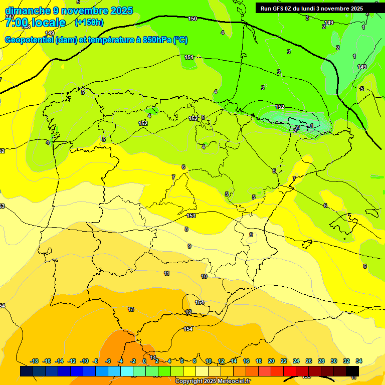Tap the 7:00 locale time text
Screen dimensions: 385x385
35,23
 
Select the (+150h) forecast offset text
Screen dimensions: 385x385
89,22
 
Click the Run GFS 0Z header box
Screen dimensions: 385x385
311,8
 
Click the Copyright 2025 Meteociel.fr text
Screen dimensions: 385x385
213,381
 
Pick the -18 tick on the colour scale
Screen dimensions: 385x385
35,361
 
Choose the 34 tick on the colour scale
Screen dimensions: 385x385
359,361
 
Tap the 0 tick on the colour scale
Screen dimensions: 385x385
144,361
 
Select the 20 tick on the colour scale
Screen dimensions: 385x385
271,361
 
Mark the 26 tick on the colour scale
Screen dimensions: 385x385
309,361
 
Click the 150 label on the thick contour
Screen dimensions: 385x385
192,19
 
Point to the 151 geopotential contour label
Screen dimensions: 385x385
189,57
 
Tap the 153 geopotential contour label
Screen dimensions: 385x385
191,216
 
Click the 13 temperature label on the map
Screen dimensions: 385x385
131,309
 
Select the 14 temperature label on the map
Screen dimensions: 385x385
153,343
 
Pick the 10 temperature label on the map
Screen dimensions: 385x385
204,276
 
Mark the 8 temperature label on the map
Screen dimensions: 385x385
186,229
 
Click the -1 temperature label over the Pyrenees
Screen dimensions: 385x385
311,126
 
